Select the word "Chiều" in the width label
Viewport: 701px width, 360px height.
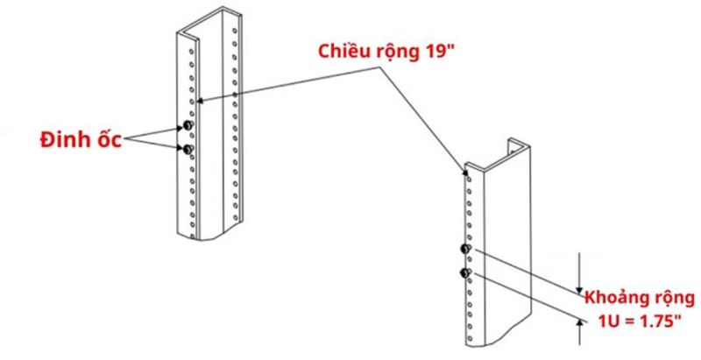click(345, 48)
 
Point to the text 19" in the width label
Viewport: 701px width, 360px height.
click(433, 48)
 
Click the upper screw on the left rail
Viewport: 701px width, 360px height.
click(188, 129)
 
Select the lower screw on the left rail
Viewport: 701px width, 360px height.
click(188, 151)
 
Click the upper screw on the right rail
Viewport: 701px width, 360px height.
click(466, 252)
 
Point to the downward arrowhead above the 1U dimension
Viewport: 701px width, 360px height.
click(578, 286)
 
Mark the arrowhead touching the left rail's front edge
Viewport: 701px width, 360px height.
click(202, 101)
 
